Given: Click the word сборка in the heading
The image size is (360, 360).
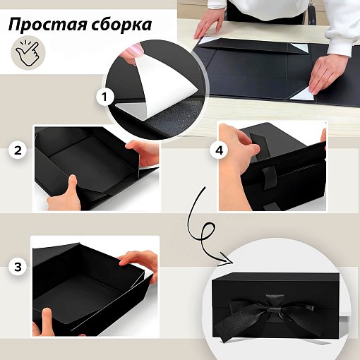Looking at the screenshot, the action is click(x=121, y=24).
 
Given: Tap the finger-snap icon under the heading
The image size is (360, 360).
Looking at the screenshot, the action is click(x=28, y=53).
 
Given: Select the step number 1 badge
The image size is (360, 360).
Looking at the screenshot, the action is click(x=105, y=97).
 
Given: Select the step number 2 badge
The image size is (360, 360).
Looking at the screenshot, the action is click(x=18, y=150).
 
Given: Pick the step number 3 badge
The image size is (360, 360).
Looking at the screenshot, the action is click(x=18, y=267).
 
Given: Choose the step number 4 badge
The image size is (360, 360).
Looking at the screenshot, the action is click(x=219, y=150).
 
